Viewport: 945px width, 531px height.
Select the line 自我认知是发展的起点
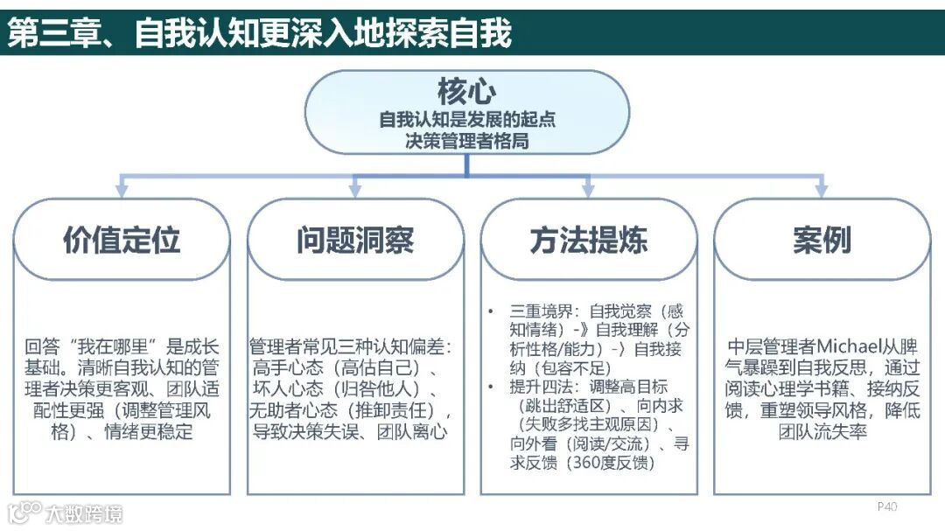coord(466,119)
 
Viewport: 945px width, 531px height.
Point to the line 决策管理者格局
coord(466,140)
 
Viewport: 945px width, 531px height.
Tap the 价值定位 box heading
coord(121,240)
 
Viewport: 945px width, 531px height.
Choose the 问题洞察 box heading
coord(354,240)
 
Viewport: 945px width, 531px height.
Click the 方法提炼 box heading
coord(588,240)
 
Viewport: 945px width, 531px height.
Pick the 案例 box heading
coord(822,240)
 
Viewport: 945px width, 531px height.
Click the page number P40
coord(887,507)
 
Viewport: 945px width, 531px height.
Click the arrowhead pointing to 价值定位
coord(121,190)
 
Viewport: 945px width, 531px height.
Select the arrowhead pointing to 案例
coord(821,190)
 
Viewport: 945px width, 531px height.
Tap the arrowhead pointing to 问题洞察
coord(354,190)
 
